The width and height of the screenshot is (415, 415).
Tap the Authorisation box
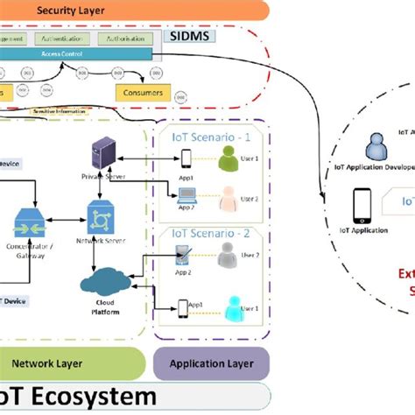click(x=125, y=39)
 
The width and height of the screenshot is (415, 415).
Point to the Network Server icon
click(x=98, y=213)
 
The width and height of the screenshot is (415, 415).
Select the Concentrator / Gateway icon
click(x=29, y=219)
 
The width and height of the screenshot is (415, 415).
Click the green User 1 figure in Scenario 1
click(x=229, y=157)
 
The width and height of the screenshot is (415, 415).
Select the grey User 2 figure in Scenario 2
click(x=227, y=255)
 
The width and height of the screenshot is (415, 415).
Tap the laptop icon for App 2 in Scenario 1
click(x=186, y=196)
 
